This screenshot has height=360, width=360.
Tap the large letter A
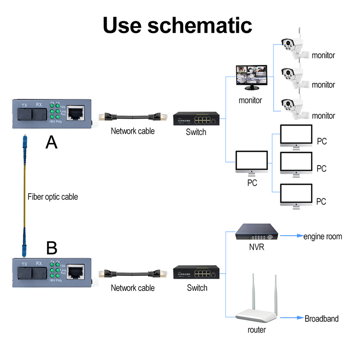point(52,142)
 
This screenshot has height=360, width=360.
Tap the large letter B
point(52,248)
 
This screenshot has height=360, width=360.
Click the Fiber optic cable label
point(53,197)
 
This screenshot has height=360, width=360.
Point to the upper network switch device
point(197,118)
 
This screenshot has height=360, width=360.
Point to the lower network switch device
point(197,273)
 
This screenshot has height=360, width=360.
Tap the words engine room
point(322,236)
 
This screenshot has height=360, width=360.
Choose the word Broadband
point(321,319)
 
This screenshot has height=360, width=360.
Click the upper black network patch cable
point(132,117)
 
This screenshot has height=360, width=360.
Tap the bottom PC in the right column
point(296,195)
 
